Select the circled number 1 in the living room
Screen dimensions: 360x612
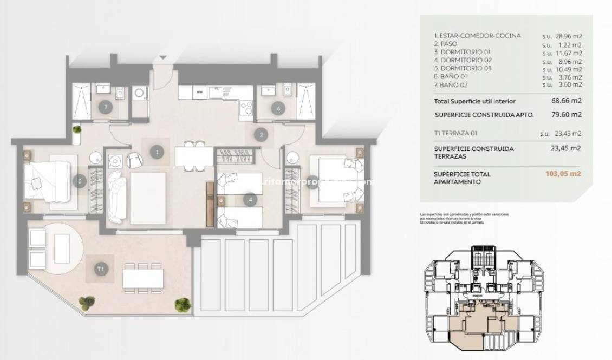[157, 153]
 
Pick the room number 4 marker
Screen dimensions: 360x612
[250, 200]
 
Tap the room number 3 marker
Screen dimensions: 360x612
[80, 182]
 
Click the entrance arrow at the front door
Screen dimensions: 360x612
[164, 58]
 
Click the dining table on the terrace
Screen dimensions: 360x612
[143, 278]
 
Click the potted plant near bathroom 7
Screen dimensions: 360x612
[78, 129]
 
